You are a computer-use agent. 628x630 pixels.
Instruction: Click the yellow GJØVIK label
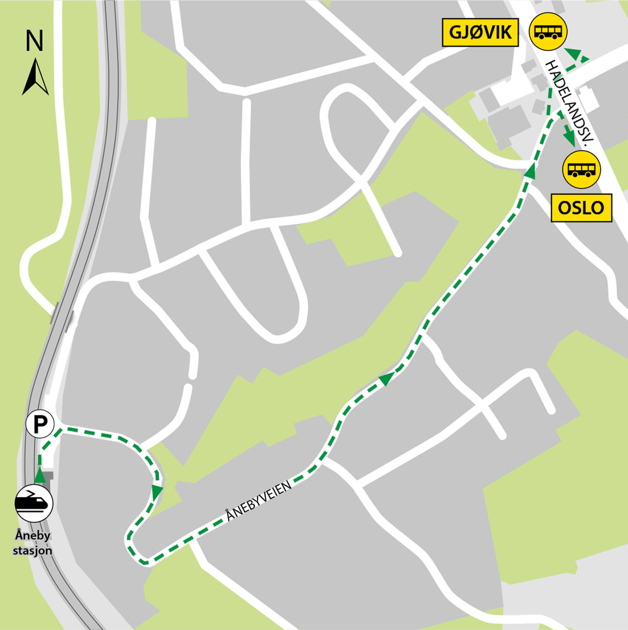tap(480, 32)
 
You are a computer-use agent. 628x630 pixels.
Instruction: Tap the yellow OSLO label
tap(581, 208)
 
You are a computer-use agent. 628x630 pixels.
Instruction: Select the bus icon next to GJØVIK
tap(548, 31)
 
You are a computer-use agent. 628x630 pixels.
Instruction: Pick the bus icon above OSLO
tap(581, 170)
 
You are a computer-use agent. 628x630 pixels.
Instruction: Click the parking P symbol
tap(40, 424)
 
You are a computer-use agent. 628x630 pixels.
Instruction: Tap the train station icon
tap(34, 503)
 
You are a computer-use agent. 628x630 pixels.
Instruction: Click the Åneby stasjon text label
tap(33, 543)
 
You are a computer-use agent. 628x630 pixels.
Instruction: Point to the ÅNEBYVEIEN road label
tap(259, 501)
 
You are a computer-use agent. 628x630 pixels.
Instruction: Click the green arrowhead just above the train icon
tap(40, 476)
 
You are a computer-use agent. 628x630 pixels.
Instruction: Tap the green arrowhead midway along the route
tap(386, 378)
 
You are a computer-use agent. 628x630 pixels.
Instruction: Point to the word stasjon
tap(33, 551)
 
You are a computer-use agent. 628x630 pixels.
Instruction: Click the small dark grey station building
tap(48, 476)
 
